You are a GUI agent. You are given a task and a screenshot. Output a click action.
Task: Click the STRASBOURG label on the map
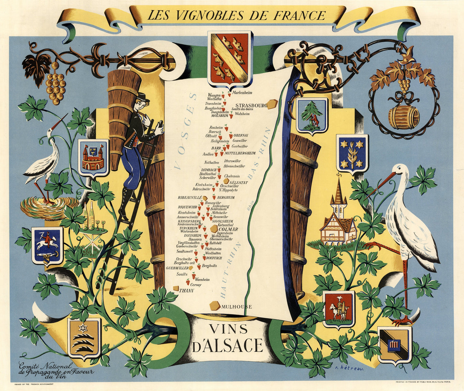(x=251, y=105)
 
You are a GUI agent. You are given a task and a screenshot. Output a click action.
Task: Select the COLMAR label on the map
(x=228, y=229)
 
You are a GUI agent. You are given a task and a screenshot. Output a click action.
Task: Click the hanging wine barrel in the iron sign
(x=404, y=117)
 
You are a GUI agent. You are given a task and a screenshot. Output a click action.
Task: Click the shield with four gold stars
(x=352, y=155)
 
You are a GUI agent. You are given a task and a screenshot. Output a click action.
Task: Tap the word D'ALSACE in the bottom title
(x=228, y=346)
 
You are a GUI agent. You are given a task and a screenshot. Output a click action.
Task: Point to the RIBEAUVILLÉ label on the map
(x=189, y=197)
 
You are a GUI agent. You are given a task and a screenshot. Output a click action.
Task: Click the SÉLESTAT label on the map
(x=239, y=182)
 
